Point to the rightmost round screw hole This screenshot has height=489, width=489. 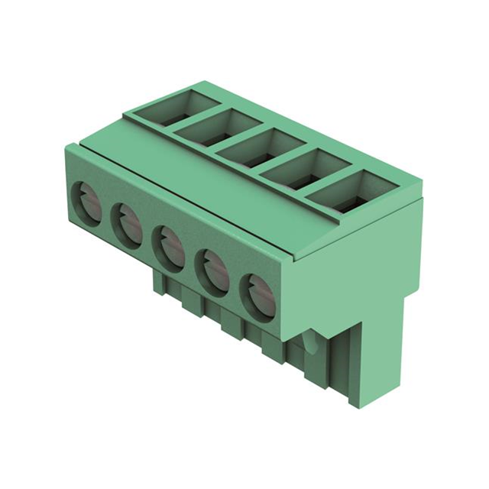pos(257,295)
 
